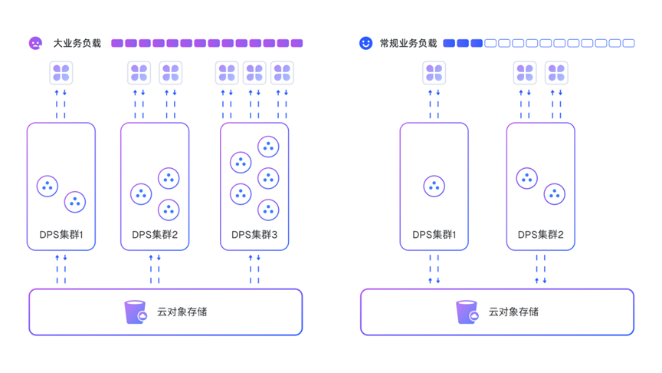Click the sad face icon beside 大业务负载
coord(35,44)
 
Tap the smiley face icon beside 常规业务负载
coord(366,44)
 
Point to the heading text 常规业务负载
coord(408,44)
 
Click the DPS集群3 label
coord(254,235)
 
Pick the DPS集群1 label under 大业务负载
coord(61,235)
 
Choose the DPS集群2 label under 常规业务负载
coord(540,235)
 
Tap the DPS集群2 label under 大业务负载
coord(155,235)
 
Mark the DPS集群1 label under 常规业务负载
coord(434,235)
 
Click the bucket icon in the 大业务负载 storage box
coord(136,312)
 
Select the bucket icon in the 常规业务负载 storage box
coord(467,312)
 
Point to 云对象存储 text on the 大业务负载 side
coord(182,312)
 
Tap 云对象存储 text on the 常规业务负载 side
coord(513,312)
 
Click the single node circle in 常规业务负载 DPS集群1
coord(434,186)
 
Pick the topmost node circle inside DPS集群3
coord(268,147)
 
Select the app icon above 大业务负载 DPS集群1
coord(61,74)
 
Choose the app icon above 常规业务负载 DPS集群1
coord(434,74)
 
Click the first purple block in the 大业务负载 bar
coord(117,44)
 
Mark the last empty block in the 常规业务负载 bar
coord(628,44)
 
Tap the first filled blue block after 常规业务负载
coord(449,44)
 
